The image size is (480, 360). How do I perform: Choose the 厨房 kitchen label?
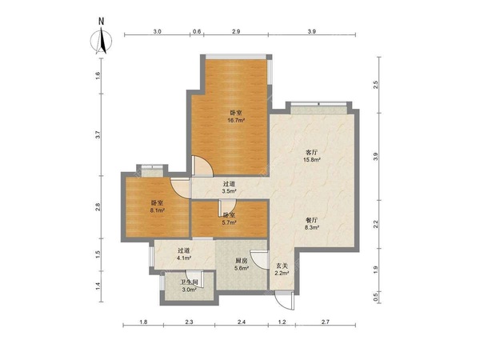pyautogui.click(x=241, y=261)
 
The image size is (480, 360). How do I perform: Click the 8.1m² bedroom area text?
pyautogui.click(x=158, y=210)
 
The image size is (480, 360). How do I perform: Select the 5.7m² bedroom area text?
pyautogui.click(x=230, y=222)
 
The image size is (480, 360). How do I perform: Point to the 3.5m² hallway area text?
pyautogui.click(x=230, y=192)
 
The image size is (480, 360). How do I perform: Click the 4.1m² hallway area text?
pyautogui.click(x=184, y=258)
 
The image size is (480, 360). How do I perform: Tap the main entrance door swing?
pyautogui.click(x=284, y=302)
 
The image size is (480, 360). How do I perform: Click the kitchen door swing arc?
pyautogui.click(x=259, y=259)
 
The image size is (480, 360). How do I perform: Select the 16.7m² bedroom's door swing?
pyautogui.click(x=202, y=166)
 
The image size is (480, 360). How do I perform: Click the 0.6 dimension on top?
pyautogui.click(x=197, y=31)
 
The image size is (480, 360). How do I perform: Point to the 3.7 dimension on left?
pyautogui.click(x=98, y=134)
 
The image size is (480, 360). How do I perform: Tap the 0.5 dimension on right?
pyautogui.click(x=376, y=296)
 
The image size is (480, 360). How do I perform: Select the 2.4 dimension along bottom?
pyautogui.click(x=242, y=322)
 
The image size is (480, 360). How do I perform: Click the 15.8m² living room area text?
pyautogui.click(x=312, y=159)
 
